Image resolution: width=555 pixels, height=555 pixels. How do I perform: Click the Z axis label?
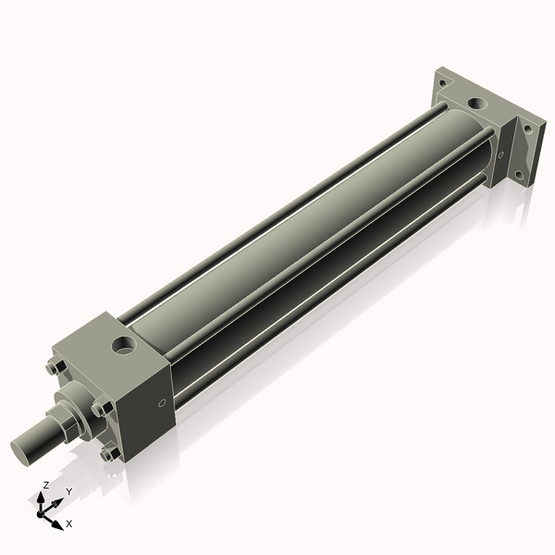click(46, 485)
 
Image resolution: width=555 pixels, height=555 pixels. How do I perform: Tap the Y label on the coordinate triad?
click(68, 491)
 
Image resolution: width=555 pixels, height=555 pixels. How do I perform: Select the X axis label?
click(69, 524)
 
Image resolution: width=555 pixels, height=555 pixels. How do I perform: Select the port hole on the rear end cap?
click(477, 103)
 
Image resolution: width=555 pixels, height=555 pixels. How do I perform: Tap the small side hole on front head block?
click(163, 402)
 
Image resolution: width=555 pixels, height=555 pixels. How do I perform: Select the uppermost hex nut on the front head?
click(55, 369)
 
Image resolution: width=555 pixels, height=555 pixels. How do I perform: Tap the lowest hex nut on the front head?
click(109, 453)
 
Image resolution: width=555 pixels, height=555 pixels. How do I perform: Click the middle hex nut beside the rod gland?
click(98, 408)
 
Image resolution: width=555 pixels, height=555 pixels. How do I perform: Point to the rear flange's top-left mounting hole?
click(441, 81)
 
